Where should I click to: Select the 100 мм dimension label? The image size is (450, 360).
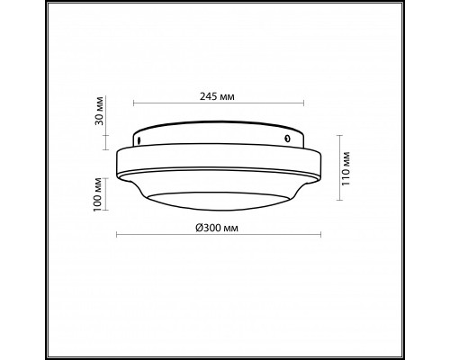tap(98, 194)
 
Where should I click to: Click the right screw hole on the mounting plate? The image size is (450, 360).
tap(287, 139)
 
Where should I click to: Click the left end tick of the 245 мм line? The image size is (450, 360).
tap(134, 103)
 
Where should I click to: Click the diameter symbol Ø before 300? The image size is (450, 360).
tap(198, 228)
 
